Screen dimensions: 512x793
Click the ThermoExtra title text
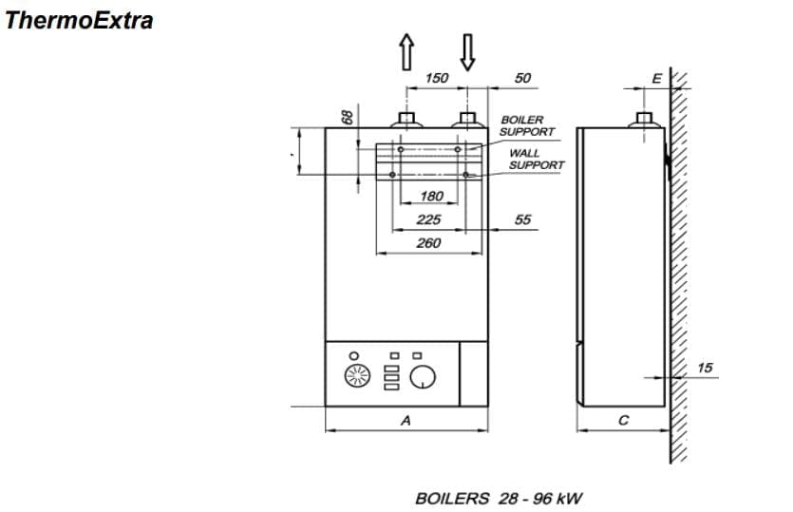click(79, 20)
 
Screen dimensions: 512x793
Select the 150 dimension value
click(436, 78)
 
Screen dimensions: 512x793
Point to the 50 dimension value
click(522, 78)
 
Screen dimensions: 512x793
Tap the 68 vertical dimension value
click(348, 115)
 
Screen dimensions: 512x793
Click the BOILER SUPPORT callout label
click(527, 125)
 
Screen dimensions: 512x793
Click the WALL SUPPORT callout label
click(536, 159)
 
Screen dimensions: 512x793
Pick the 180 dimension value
click(431, 197)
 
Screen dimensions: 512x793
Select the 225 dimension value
click(428, 219)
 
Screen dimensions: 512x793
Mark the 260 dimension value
click(428, 243)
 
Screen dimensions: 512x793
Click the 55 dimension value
click(522, 219)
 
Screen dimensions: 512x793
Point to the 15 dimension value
click(704, 367)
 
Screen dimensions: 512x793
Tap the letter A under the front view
click(406, 419)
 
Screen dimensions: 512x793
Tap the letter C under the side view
click(623, 419)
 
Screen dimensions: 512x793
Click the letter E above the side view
click(655, 78)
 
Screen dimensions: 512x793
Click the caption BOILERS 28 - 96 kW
click(498, 498)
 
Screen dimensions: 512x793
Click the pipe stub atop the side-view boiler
click(644, 121)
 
